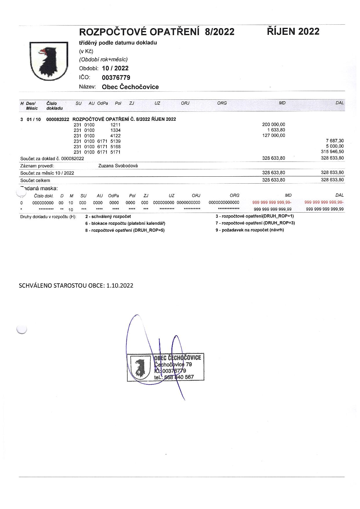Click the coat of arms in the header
coord(49,61)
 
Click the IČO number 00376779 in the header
coord(116,78)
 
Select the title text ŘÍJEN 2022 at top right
coord(293,31)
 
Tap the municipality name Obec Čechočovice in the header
coord(130,87)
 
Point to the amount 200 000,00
coord(274,124)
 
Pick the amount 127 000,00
coord(274,135)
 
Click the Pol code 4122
coord(115,135)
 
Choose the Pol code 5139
coord(115,141)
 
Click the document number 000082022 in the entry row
coord(58,119)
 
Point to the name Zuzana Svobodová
coord(118,166)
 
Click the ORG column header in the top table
coord(222,103)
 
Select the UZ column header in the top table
coord(157,103)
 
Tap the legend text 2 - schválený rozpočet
coord(108,216)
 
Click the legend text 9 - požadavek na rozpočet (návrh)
coord(249,230)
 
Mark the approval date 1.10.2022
coord(120,285)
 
